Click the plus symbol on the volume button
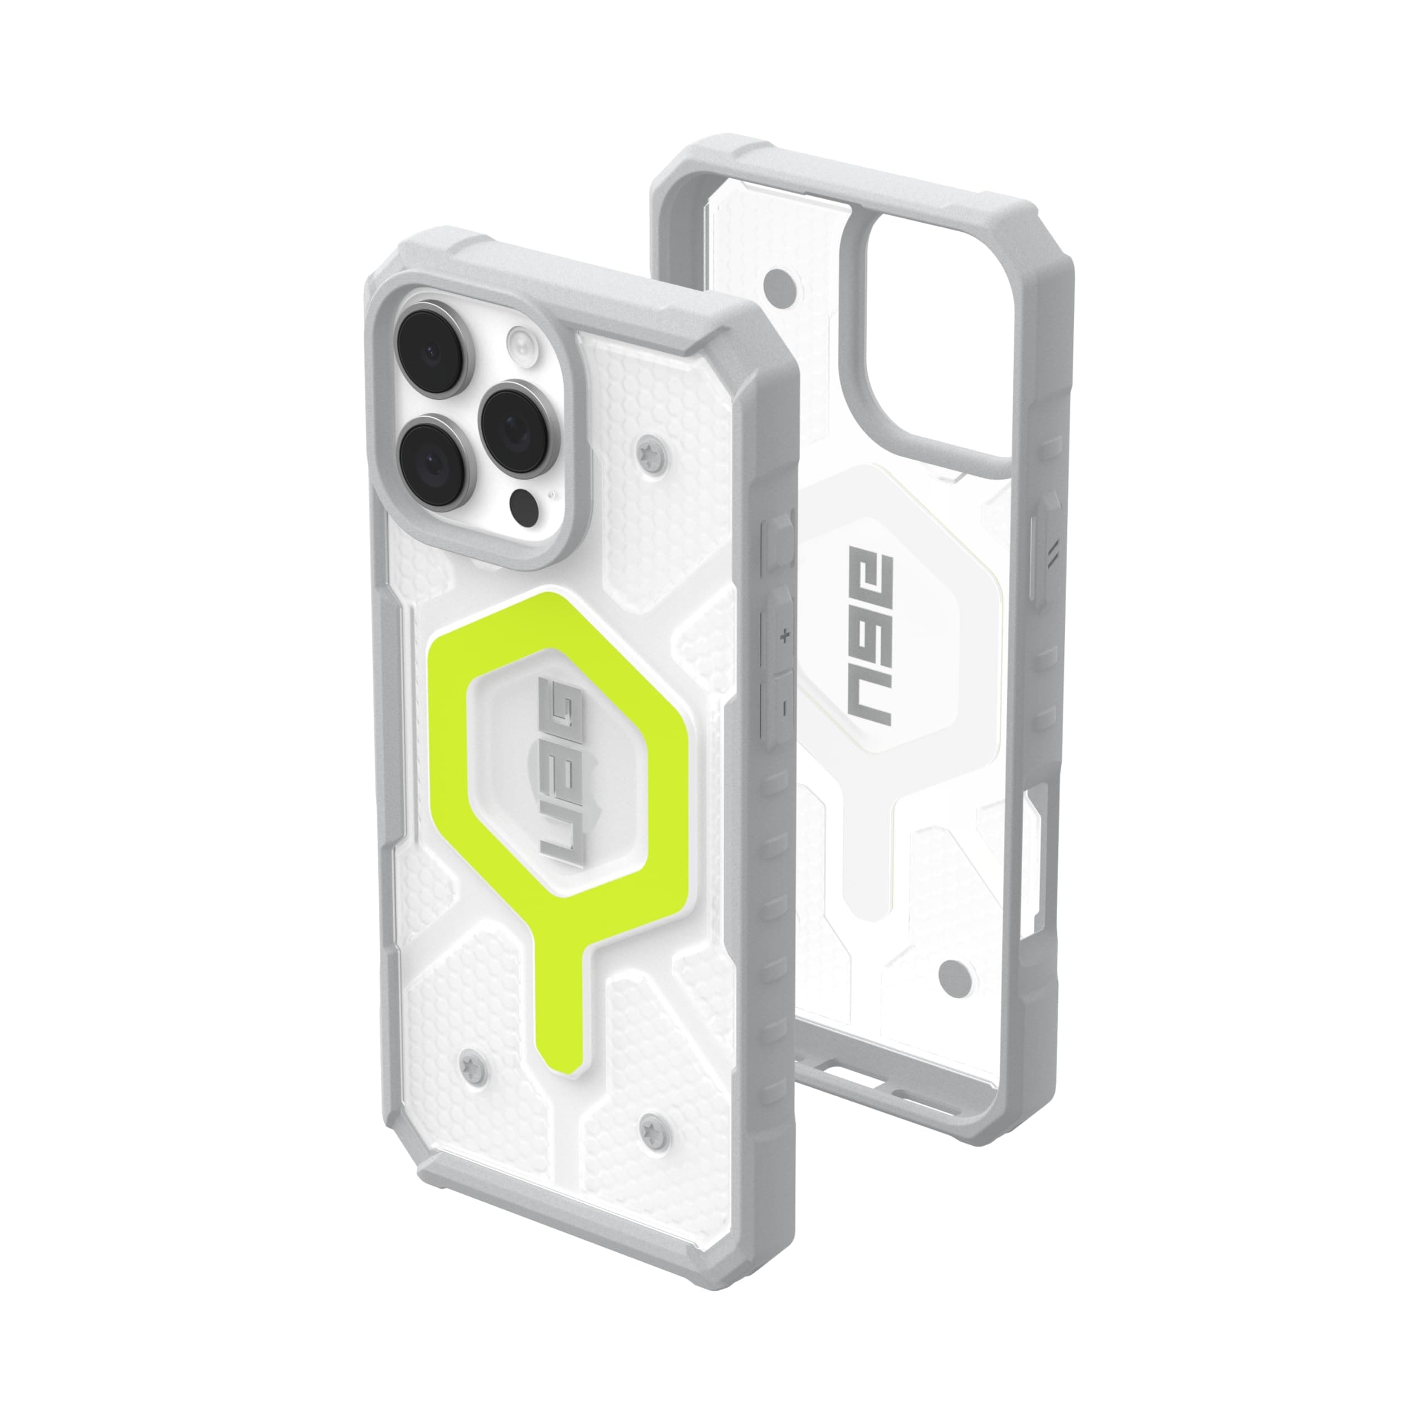tap(785, 634)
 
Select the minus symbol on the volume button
tap(784, 706)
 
